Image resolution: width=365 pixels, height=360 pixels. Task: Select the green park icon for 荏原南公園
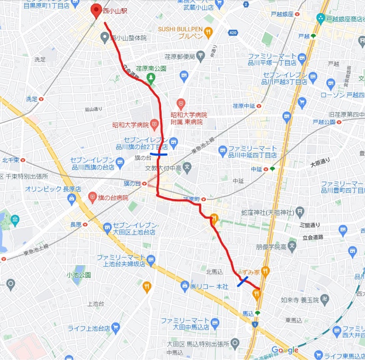coord(151,77)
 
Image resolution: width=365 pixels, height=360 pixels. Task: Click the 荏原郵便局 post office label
coord(179,57)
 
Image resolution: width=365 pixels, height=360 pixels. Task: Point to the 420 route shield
coord(233,33)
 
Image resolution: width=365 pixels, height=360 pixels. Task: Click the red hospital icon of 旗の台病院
coord(92,197)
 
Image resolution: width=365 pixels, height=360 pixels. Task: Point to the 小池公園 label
coord(78,275)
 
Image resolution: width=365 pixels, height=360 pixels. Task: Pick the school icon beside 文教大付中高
coord(187,167)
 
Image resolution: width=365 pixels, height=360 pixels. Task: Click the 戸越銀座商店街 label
coord(345,19)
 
